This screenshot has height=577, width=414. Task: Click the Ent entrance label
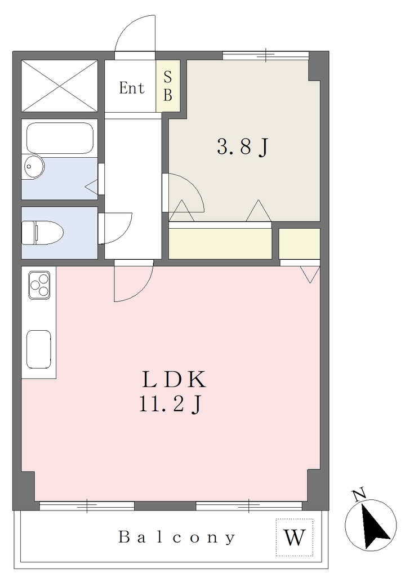[x=131, y=87]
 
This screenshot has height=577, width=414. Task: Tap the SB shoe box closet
[x=168, y=86]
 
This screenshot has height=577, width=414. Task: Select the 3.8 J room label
[x=243, y=147]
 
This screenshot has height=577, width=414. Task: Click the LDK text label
[x=173, y=380]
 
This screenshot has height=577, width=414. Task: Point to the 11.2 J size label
[x=170, y=404]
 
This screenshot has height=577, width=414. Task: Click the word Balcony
[x=177, y=538]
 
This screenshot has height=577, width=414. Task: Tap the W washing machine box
[x=295, y=537]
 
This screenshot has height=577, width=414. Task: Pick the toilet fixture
[x=42, y=233]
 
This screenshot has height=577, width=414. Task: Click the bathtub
[x=60, y=138]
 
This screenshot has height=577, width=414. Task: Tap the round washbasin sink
[x=34, y=167]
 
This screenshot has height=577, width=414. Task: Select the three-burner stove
[x=39, y=286]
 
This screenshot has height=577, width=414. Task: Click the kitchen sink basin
[x=39, y=349]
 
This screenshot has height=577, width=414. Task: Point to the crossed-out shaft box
[x=59, y=86]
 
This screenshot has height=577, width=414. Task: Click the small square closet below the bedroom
[x=299, y=243]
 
